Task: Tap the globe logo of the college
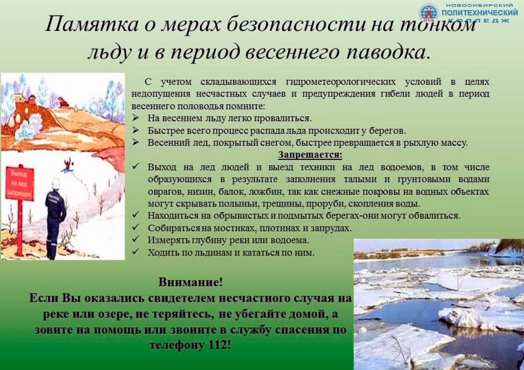[429, 13]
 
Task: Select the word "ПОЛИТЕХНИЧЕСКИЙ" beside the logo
[479, 13]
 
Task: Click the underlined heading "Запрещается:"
[310, 155]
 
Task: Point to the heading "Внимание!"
[190, 282]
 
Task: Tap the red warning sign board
[20, 184]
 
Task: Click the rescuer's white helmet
[56, 183]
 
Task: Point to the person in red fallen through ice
[69, 165]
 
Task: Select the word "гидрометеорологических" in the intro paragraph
[340, 82]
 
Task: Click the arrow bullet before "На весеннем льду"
[135, 118]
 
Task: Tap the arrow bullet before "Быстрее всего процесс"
[135, 130]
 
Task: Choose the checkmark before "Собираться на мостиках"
[135, 227]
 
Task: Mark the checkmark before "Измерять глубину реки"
[135, 239]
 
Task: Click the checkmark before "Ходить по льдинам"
[135, 251]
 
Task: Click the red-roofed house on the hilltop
[63, 102]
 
